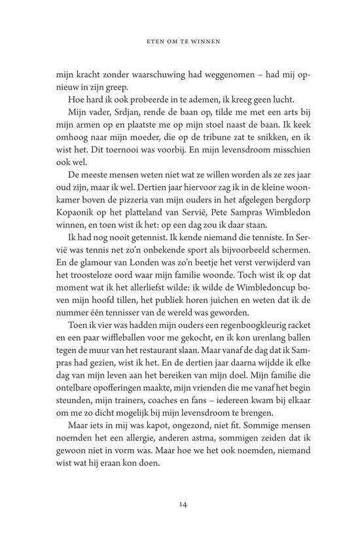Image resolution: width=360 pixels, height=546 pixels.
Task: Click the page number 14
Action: click(179, 503)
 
